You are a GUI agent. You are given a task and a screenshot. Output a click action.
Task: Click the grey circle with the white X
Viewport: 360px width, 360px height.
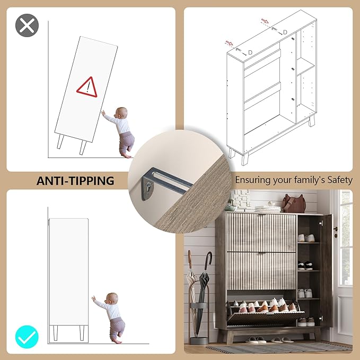[x=27, y=25]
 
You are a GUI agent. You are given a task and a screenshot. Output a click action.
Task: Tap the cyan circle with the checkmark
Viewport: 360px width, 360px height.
[x=27, y=337]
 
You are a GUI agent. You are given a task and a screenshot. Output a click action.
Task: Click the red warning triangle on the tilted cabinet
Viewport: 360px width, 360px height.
[x=87, y=87]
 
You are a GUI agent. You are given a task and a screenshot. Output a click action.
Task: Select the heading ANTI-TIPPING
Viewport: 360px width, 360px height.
[x=75, y=181]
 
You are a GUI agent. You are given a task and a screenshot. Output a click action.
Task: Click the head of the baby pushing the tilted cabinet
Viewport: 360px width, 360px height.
[x=121, y=113]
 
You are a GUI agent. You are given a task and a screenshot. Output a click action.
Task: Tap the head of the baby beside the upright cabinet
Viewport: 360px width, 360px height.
[x=112, y=298]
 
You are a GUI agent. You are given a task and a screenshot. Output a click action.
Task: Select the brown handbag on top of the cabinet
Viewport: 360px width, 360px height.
[x=294, y=204]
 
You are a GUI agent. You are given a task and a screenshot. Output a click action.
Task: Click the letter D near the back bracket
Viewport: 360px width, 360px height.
[x=285, y=32]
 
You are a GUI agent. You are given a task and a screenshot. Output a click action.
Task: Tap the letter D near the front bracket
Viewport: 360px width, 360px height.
[x=250, y=52]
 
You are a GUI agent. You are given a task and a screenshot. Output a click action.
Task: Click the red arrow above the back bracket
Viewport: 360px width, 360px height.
[x=265, y=21]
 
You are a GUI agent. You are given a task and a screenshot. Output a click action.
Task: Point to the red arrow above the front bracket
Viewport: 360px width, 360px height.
[x=229, y=43]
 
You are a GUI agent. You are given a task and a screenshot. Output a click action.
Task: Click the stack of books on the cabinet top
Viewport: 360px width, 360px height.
[x=267, y=209]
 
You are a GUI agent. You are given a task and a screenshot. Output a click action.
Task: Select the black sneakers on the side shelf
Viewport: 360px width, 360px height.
[x=305, y=266]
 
